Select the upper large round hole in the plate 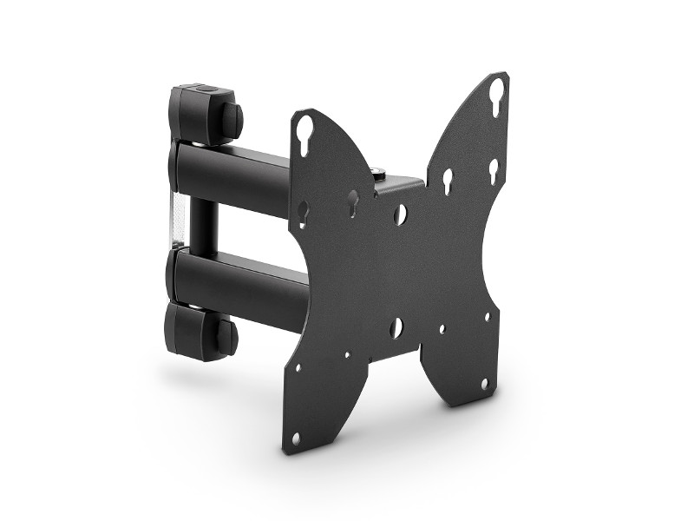(399, 214)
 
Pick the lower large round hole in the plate (396, 327)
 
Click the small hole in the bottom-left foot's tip (296, 439)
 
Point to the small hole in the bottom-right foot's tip (484, 383)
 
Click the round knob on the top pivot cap (232, 121)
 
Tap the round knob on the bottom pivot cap (226, 336)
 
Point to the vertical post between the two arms (200, 224)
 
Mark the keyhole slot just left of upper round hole (353, 202)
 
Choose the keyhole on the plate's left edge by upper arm (303, 210)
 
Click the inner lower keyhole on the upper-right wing (448, 180)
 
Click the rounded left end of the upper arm (176, 168)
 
